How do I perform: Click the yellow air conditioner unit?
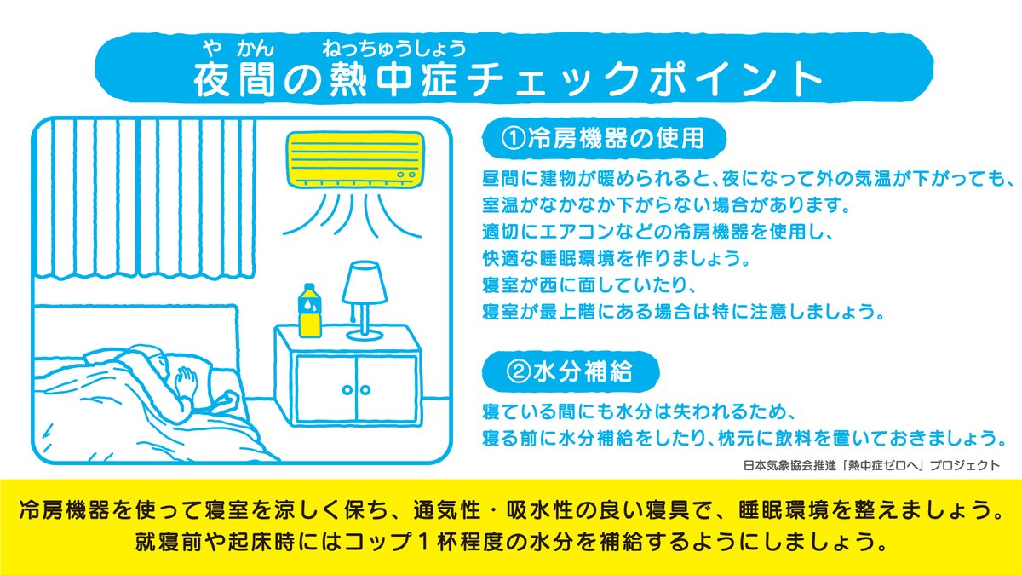pos(355,160)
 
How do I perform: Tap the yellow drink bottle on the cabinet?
pos(309,311)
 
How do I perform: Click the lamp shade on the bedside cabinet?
pos(365,283)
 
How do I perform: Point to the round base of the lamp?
pos(365,336)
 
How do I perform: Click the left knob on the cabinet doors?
pos(347,390)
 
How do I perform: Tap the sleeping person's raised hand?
pos(187,380)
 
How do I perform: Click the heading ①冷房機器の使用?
pos(603,138)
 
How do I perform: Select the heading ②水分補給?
pos(571,371)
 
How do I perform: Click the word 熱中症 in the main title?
pos(393,80)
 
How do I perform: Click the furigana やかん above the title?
pos(238,48)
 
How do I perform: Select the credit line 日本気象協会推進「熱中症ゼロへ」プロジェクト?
pos(871,465)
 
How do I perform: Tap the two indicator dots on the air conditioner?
pos(406,175)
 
